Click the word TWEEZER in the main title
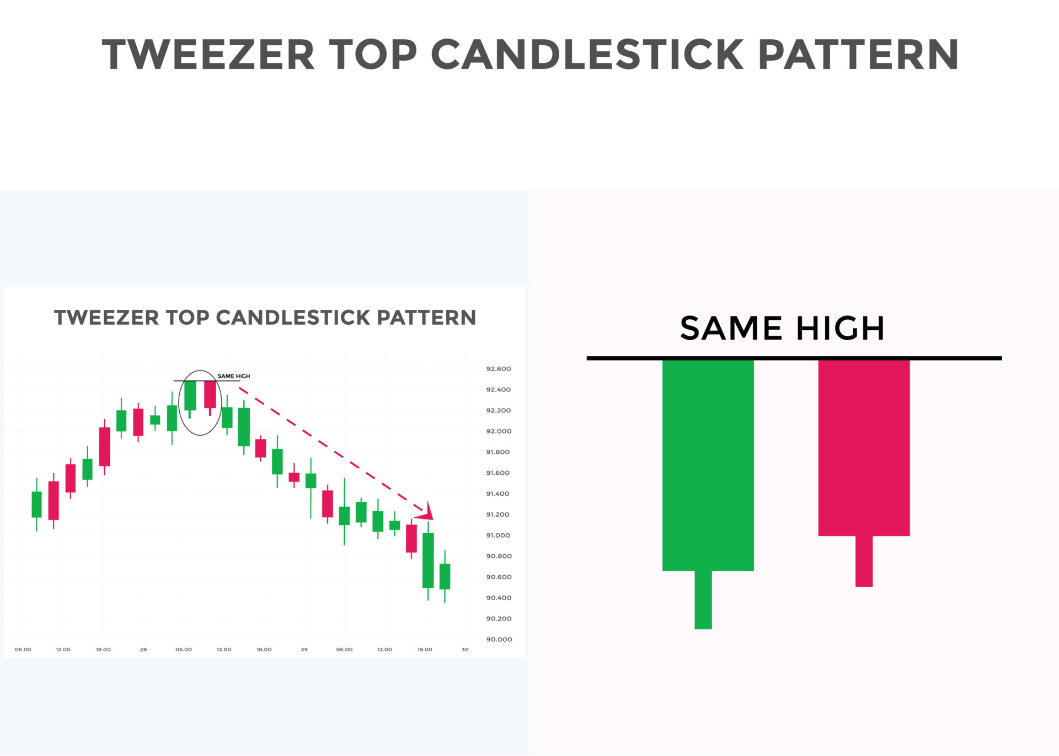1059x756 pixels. click(208, 55)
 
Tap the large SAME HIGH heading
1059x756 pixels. click(782, 328)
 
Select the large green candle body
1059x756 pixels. click(708, 465)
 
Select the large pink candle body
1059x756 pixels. click(864, 448)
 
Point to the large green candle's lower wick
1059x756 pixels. click(703, 600)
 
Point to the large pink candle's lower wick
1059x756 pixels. click(864, 561)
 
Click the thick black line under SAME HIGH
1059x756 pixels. click(794, 358)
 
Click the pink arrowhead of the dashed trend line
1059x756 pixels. click(425, 511)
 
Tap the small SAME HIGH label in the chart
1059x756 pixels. click(234, 376)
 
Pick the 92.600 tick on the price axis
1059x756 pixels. click(499, 369)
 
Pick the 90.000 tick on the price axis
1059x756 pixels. click(499, 640)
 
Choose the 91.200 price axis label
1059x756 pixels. click(498, 514)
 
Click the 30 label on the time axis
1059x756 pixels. click(465, 650)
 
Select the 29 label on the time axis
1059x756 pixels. click(304, 650)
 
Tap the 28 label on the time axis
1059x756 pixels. click(143, 650)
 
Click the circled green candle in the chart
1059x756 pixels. click(190, 396)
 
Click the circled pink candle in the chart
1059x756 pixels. click(210, 395)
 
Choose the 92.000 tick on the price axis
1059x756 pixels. click(499, 431)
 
